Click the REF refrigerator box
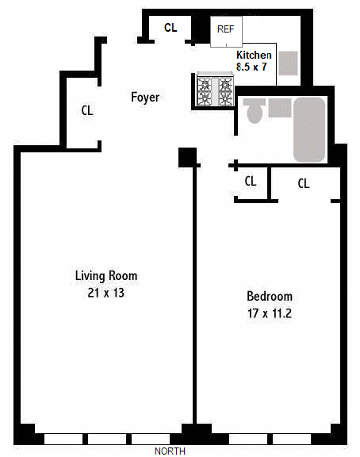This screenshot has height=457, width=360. coord(225,30)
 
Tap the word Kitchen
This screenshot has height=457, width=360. coord(255,55)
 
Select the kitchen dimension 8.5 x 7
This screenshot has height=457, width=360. coord(255,67)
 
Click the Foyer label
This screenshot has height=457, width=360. coord(145,98)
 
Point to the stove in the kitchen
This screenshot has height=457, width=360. coord(215,88)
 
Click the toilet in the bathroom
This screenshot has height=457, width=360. coord(255,112)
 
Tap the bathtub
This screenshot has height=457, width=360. coord(309,129)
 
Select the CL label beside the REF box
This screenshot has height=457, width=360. coord(170,28)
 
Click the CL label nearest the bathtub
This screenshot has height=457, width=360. coord(303,183)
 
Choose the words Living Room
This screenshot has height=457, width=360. coord(106,276)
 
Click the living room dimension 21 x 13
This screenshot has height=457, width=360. coord(106,293)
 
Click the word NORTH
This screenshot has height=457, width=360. coord(170,451)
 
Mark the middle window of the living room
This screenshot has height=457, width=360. coord(107,438)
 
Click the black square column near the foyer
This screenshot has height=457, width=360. coord(187,157)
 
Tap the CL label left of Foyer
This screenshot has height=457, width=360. coord(87,111)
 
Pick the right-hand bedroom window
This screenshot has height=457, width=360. coord(291,438)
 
